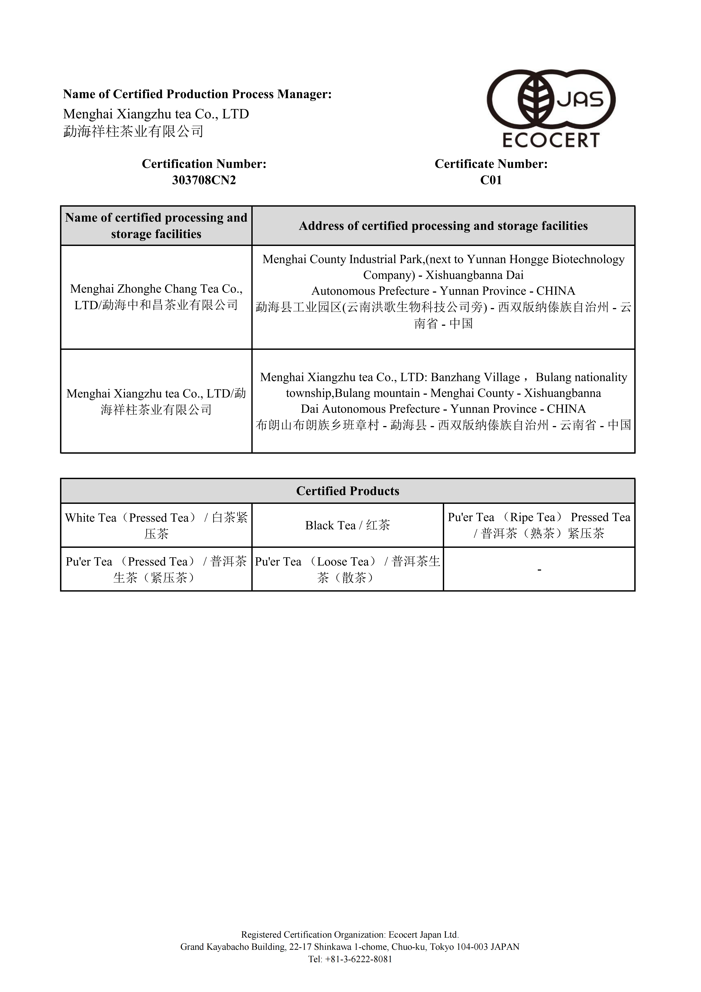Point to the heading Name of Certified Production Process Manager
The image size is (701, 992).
point(197,94)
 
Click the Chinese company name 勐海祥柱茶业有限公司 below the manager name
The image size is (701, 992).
point(133,131)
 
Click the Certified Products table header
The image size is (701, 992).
point(348,491)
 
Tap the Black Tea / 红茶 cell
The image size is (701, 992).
point(348,525)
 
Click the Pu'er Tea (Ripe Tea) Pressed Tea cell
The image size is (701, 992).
point(539,525)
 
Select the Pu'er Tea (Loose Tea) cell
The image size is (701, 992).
point(348,569)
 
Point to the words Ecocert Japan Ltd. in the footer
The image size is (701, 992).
point(423,935)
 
